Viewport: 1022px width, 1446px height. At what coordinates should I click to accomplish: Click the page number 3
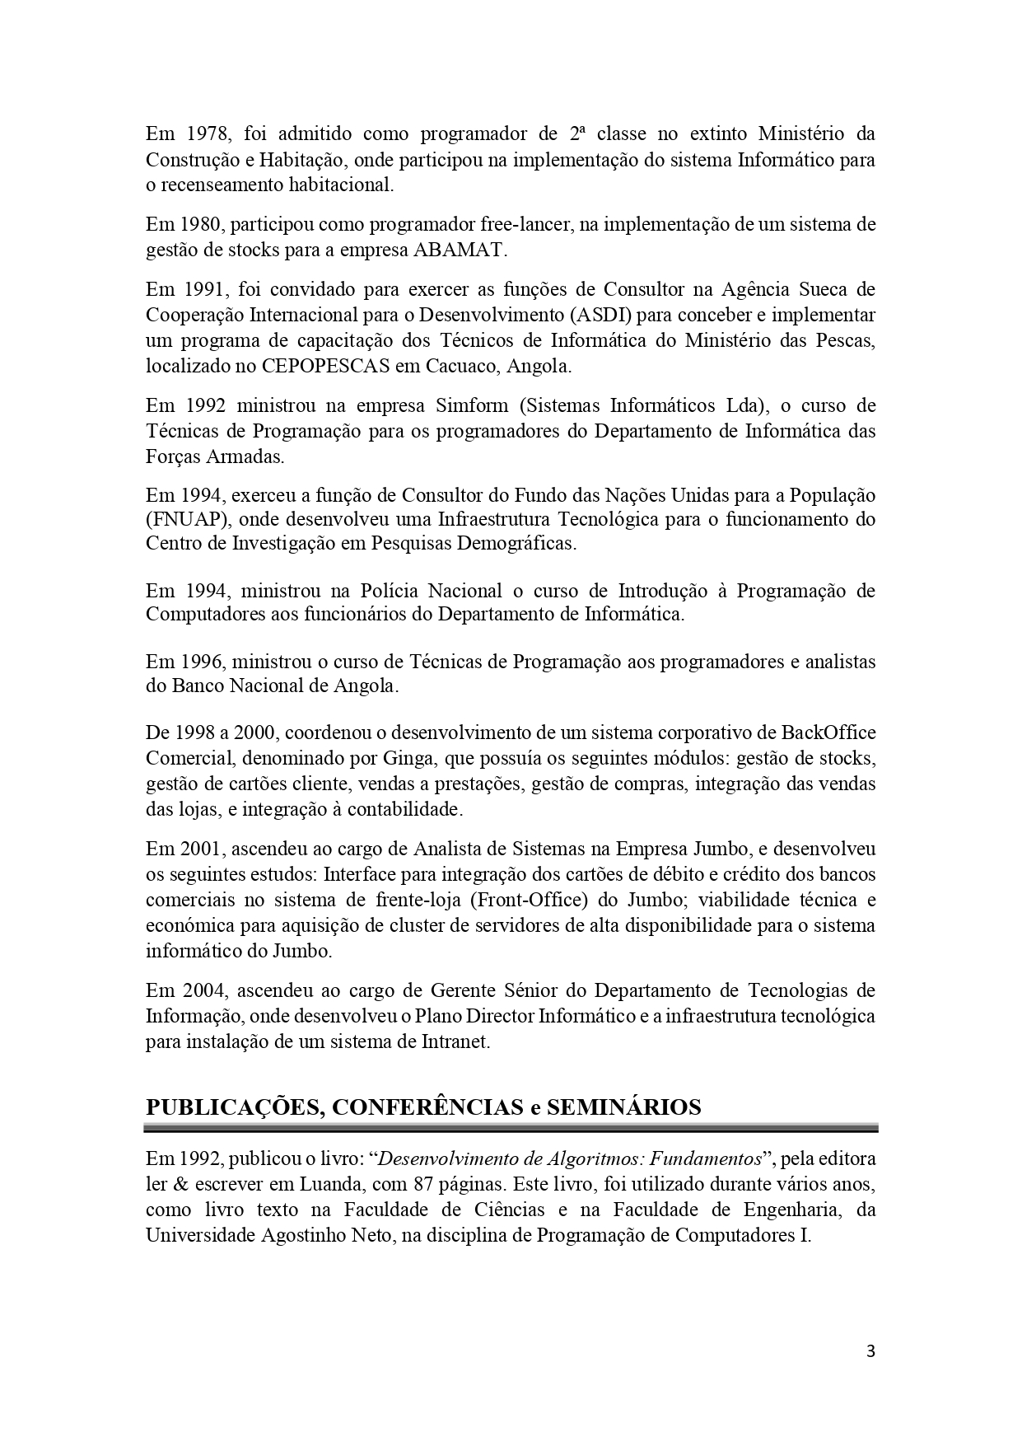(x=870, y=1351)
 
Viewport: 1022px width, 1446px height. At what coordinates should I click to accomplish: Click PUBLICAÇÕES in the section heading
(x=231, y=1107)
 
